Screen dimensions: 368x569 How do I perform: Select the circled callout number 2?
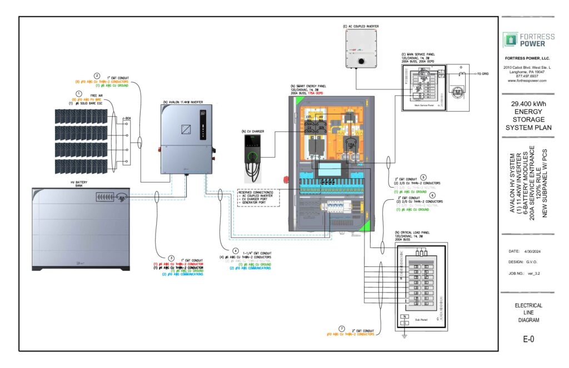[97, 76]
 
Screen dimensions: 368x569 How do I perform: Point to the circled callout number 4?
[236, 251]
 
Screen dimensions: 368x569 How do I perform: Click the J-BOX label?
[127, 118]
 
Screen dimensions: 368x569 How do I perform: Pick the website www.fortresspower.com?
[527, 80]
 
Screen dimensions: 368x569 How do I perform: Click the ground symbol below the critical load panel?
[405, 334]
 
